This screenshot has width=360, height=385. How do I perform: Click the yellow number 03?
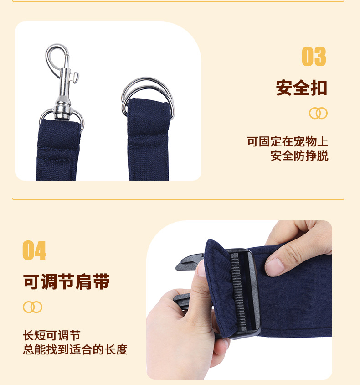pyautogui.click(x=314, y=57)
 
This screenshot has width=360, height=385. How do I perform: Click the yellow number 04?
pyautogui.click(x=35, y=250)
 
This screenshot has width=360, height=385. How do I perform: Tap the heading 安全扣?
pyautogui.click(x=301, y=87)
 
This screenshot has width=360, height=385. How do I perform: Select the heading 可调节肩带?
pyautogui.click(x=67, y=281)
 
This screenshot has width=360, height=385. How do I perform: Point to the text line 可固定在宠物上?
pyautogui.click(x=288, y=141)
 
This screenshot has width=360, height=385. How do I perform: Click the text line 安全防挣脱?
pyautogui.click(x=299, y=156)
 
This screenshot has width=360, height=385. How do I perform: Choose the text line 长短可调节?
pyautogui.click(x=52, y=336)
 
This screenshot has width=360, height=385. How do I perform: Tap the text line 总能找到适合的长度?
pyautogui.click(x=75, y=350)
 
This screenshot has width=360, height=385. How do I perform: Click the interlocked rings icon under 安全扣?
pyautogui.click(x=318, y=113)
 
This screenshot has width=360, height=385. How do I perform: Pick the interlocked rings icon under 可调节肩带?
pyautogui.click(x=32, y=307)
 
